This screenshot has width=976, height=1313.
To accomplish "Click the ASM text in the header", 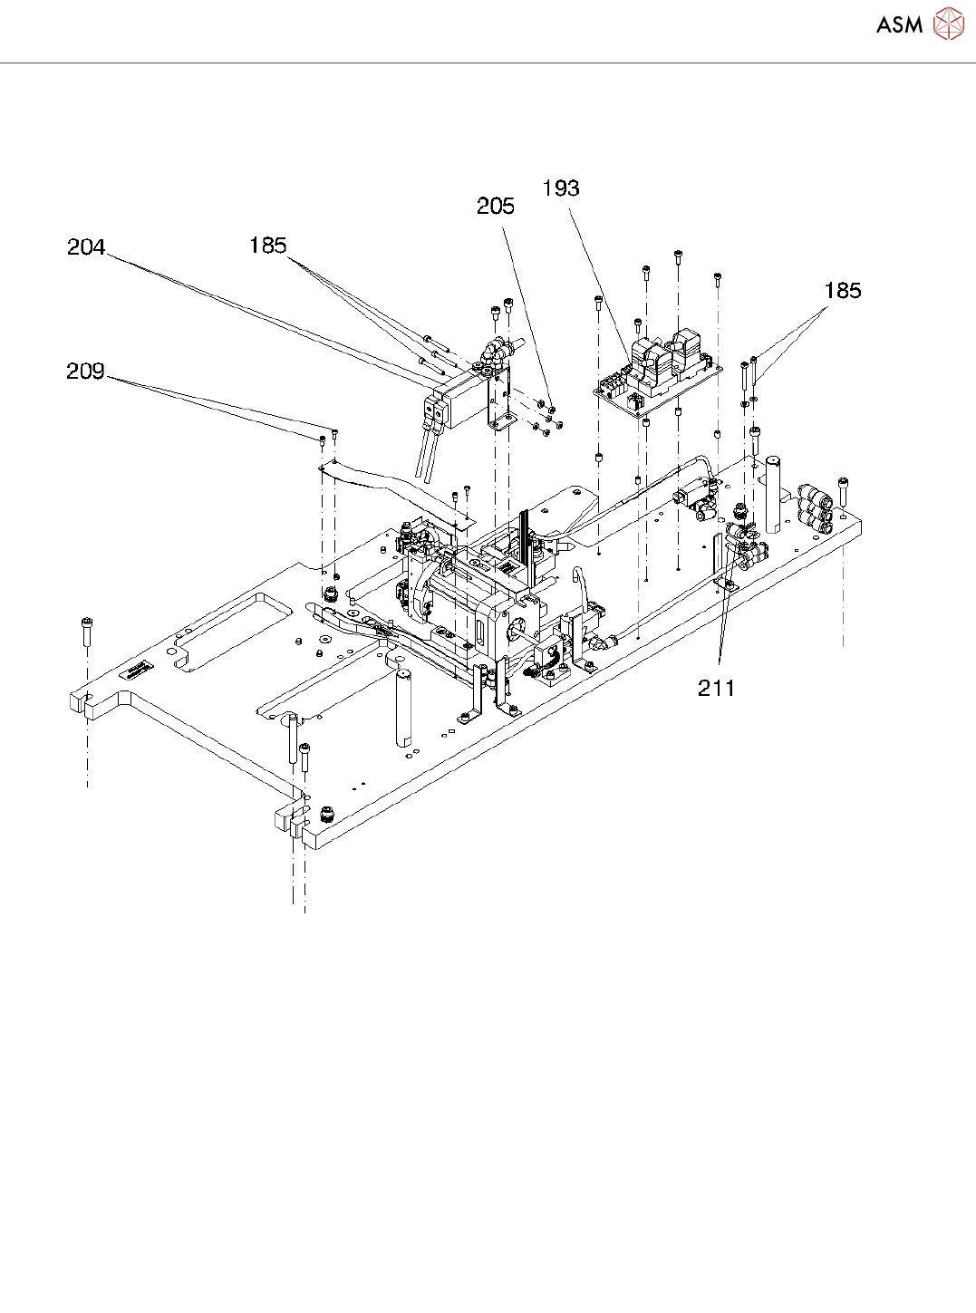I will click(899, 24).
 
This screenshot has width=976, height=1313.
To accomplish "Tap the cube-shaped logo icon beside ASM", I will click(948, 24).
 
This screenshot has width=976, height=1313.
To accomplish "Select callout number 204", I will click(86, 247).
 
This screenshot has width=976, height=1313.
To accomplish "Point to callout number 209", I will click(85, 372).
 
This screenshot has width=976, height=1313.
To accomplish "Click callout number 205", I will click(495, 207).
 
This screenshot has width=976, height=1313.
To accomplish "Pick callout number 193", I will click(561, 188).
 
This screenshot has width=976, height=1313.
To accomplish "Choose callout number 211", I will click(716, 689).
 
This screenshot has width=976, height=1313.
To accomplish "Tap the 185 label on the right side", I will click(842, 291).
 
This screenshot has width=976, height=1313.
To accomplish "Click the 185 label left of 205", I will click(267, 246).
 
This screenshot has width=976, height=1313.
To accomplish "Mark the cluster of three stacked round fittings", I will click(815, 510).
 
